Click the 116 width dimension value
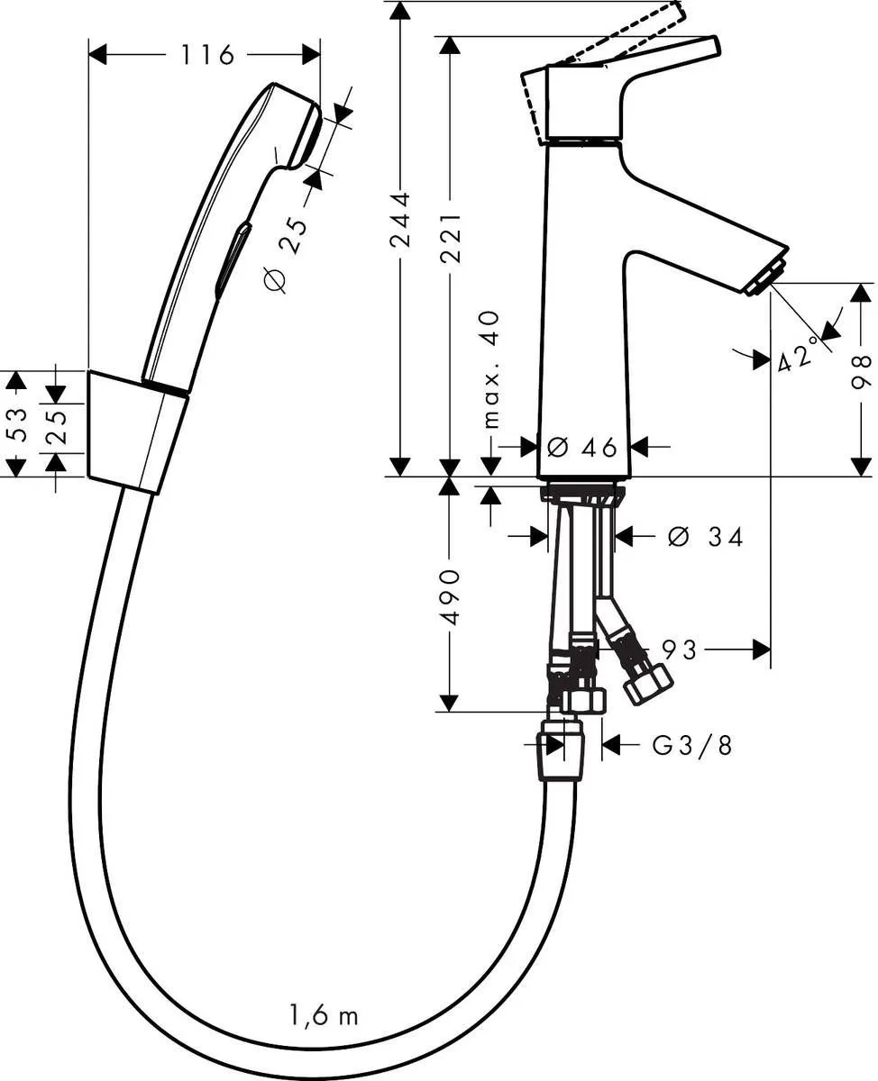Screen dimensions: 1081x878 tap(206, 55)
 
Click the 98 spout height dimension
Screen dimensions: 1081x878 tap(863, 372)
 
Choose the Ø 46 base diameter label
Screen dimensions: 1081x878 tap(582, 446)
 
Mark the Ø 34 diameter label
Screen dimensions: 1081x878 tap(706, 538)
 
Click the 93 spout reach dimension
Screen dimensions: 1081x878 tap(679, 649)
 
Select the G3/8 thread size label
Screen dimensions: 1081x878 tap(691, 745)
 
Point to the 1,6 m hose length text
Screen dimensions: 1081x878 tap(325, 1016)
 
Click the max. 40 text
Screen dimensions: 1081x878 tap(490, 369)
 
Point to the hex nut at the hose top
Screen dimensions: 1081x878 tap(561, 755)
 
